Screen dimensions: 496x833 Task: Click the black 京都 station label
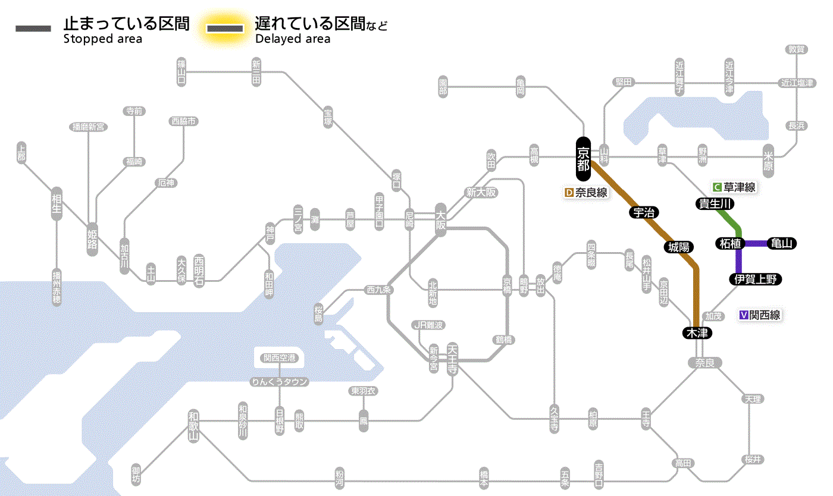click(583, 158)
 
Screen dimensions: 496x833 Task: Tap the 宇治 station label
click(644, 212)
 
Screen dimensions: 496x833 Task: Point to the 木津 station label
click(697, 333)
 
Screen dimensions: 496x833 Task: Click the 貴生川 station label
click(715, 204)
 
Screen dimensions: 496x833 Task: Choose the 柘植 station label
click(729, 243)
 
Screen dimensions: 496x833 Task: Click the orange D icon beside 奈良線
click(569, 193)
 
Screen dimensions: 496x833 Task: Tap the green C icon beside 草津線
click(718, 187)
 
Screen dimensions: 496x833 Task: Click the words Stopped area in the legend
click(102, 39)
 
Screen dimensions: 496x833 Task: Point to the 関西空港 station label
click(279, 357)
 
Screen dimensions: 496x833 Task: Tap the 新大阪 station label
click(481, 192)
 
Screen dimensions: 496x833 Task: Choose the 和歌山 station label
click(194, 426)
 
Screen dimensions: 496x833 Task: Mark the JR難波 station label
click(428, 325)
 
